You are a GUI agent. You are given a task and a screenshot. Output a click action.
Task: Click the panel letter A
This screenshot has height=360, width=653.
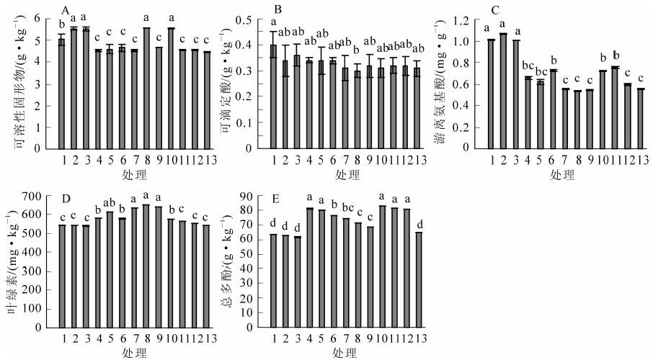click(66, 10)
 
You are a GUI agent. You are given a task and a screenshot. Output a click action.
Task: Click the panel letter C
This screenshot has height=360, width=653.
click(494, 10)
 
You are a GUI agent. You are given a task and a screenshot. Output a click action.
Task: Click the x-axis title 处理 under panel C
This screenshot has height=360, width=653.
click(561, 174)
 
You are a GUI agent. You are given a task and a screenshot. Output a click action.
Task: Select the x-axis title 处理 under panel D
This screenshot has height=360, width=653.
click(135, 353)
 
